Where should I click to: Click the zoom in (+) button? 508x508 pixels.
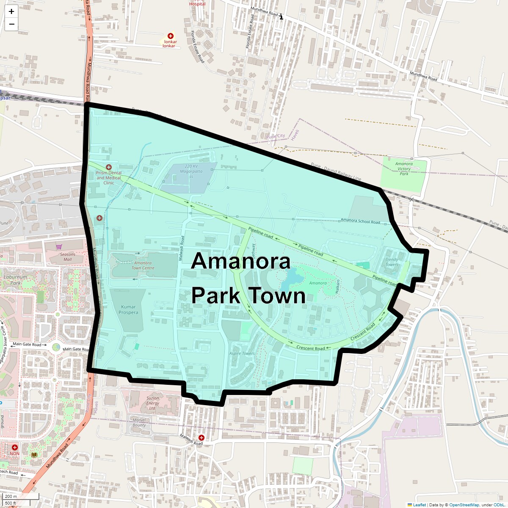pos(11,12)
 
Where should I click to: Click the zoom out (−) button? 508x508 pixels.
pos(11,24)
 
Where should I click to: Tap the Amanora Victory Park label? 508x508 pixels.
pos(404,168)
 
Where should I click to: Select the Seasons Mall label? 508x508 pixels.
pos(67,257)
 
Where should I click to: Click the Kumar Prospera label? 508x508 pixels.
pos(128,310)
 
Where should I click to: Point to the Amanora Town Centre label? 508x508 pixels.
pos(143,265)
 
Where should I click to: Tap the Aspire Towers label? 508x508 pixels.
pos(242,353)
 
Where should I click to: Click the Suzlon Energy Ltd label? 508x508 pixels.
pos(153,403)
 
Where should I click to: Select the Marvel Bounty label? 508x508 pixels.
pos(139,422)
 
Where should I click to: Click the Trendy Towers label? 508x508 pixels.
pos(392,262)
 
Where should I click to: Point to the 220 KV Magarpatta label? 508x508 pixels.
pos(191,169)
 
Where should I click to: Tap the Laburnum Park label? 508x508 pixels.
pos(15,280)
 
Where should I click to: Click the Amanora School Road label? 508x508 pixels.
pos(360,221)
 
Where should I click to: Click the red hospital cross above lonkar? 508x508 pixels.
pos(171,36)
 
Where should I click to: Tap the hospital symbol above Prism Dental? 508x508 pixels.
pos(109,167)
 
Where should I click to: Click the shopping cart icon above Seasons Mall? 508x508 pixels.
pos(59,247)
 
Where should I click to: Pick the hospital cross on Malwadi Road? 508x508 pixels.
pos(202,437)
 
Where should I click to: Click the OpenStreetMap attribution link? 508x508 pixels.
pos(464,505)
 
